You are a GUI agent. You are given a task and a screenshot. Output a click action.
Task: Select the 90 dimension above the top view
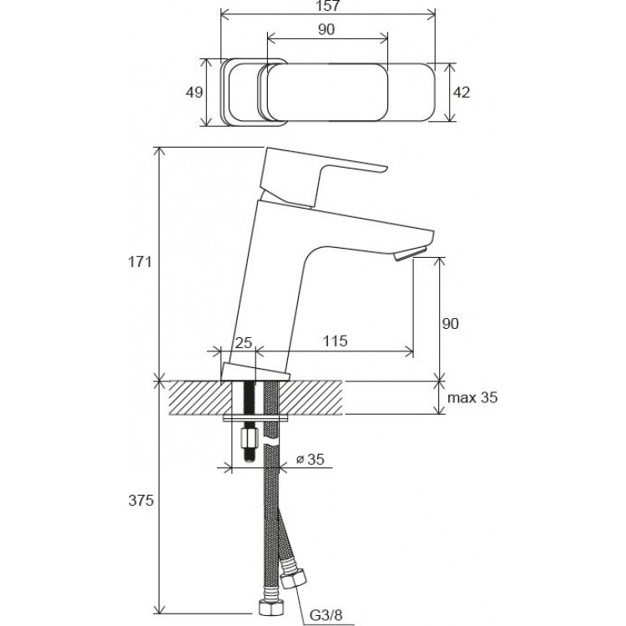[326, 29]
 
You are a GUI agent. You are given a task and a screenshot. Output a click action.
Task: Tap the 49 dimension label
[194, 93]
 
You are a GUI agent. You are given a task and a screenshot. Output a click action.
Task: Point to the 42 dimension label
[461, 93]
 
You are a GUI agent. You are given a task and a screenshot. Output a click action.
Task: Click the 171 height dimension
[139, 262]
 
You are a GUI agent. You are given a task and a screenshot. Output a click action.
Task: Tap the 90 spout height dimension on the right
[450, 323]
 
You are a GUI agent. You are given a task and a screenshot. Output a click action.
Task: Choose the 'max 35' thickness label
[471, 398]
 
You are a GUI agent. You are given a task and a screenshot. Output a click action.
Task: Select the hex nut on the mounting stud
[248, 437]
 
